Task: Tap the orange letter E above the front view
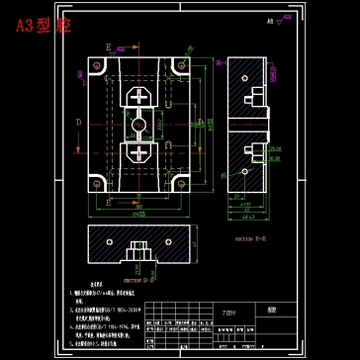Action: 108,46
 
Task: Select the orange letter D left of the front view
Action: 78,122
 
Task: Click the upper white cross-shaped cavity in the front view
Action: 139,98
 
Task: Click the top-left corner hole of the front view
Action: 97,65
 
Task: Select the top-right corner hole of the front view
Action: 182,65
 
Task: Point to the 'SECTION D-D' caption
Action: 135,279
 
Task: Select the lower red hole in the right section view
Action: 245,148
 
